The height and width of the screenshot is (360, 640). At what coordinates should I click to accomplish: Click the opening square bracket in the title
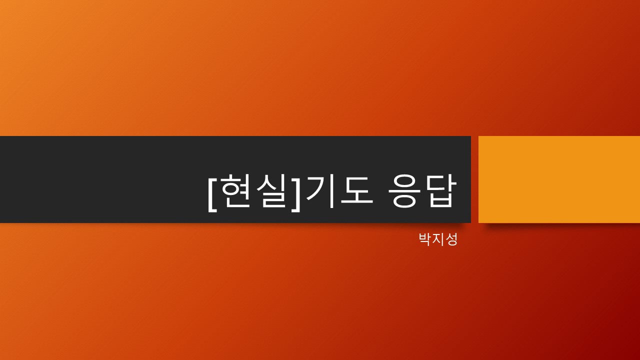[x=212, y=193]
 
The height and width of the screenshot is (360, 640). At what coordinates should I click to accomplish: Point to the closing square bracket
[x=295, y=193]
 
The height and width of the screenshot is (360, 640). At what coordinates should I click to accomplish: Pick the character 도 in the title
[x=357, y=190]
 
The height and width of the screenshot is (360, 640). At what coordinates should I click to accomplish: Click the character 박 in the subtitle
[x=425, y=239]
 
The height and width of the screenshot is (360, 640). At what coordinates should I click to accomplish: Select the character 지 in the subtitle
[x=438, y=239]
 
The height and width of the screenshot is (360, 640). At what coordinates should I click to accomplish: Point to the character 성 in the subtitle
[x=451, y=239]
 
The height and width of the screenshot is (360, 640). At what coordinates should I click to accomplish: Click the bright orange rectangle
[x=559, y=179]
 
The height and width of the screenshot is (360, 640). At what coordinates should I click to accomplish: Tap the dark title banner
[x=235, y=179]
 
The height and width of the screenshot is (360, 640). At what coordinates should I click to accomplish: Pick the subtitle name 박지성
[x=438, y=239]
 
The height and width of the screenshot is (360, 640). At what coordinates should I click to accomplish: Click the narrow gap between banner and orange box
[x=474, y=179]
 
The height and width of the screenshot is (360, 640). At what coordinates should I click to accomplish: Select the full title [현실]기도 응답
[x=331, y=193]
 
